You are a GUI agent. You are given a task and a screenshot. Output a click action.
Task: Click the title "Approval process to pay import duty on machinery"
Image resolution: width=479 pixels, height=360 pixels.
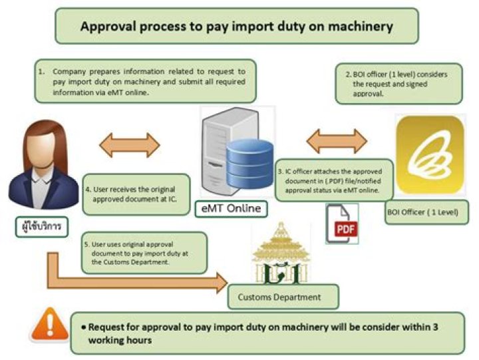(x=236, y=27)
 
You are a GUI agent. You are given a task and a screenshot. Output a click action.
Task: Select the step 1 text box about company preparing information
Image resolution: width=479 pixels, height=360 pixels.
(x=145, y=81)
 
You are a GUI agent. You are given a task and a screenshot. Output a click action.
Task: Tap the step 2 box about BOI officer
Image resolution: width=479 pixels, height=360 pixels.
(x=398, y=83)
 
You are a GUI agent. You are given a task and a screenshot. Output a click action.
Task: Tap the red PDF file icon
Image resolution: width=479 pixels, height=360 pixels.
(x=343, y=224)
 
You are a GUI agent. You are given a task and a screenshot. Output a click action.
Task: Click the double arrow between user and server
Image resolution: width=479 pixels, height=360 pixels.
(x=130, y=144)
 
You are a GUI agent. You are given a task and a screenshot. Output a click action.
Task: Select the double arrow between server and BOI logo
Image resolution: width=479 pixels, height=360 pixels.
(x=337, y=141)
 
